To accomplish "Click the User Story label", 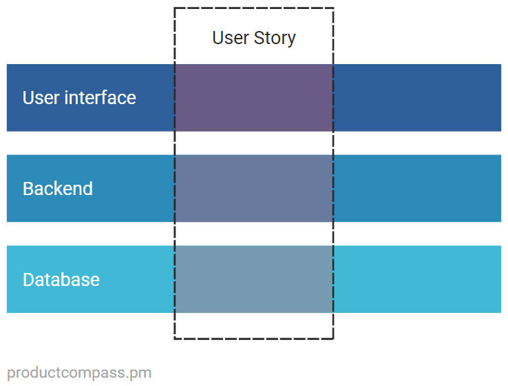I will coord(253,37).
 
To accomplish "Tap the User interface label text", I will coord(79,98).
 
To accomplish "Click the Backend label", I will coord(58,189).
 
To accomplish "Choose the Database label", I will coord(61,280).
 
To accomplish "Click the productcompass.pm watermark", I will coord(79,373).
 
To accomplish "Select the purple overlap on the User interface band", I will coord(254,98).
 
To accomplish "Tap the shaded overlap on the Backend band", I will coord(254,188).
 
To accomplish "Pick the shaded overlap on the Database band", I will coord(254,279).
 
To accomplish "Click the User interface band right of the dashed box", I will coord(417,98).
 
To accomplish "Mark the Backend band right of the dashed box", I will coord(417,188).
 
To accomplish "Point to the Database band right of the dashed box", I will coord(417,279).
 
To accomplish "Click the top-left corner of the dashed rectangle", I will coord(175,8).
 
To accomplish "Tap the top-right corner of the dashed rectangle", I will coord(333,8).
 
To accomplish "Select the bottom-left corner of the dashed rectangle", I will coord(175,338).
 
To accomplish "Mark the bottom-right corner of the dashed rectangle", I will coord(333,338).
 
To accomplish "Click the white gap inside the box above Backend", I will coord(254,143).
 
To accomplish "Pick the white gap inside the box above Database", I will coord(254,234).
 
